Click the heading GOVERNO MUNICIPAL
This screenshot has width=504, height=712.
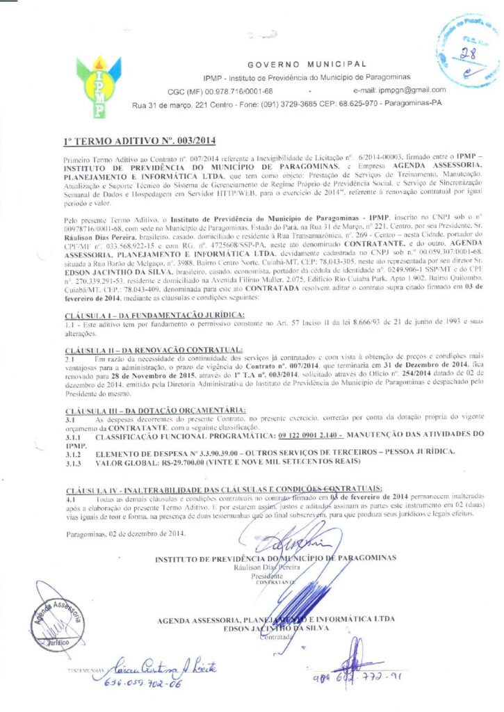[x=307, y=63]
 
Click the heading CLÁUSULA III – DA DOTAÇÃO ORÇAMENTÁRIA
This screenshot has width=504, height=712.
[x=154, y=410]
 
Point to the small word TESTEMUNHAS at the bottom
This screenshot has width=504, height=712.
[x=86, y=670]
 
